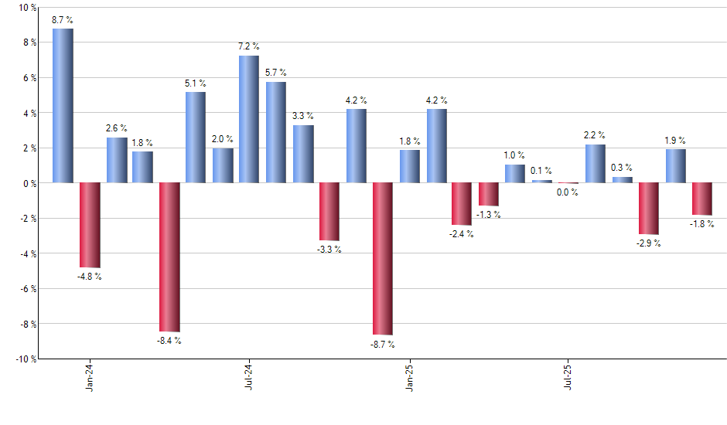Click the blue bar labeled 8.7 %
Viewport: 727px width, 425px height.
pyautogui.click(x=63, y=106)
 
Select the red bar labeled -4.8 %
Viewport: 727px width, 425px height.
pyautogui.click(x=90, y=225)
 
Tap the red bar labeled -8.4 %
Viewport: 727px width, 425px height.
pyautogui.click(x=169, y=257)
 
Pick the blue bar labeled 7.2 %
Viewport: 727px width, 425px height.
pyautogui.click(x=249, y=119)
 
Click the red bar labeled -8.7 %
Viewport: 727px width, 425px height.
pyautogui.click(x=383, y=258)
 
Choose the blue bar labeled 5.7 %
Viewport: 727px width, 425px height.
pyautogui.click(x=276, y=132)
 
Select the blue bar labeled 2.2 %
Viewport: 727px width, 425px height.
pyautogui.click(x=596, y=164)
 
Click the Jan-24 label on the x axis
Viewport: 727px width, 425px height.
pyautogui.click(x=90, y=376)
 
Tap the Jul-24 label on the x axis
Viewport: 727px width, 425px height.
pyautogui.click(x=249, y=376)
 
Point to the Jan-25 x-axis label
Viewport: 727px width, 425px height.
pyautogui.click(x=410, y=376)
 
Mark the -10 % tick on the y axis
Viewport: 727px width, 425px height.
pyautogui.click(x=23, y=359)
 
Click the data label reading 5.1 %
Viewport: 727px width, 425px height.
pyautogui.click(x=196, y=83)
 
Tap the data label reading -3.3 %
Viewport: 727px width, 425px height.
pyautogui.click(x=329, y=250)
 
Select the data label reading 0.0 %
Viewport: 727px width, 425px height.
pyautogui.click(x=568, y=192)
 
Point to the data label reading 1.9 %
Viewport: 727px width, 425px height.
pyautogui.click(x=675, y=141)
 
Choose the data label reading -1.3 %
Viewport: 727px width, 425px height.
pyautogui.click(x=489, y=215)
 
